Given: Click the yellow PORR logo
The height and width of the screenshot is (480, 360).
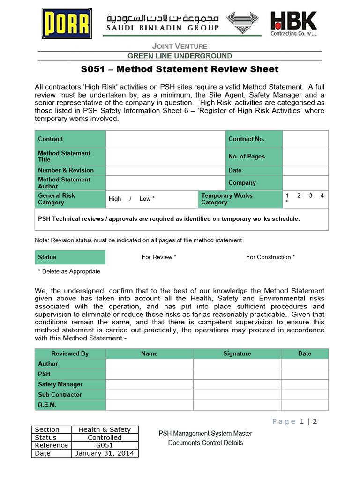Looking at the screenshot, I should point(61,23).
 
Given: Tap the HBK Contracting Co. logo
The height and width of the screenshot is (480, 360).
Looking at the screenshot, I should point(293,23).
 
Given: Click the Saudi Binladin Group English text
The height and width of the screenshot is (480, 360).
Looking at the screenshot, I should point(163,28).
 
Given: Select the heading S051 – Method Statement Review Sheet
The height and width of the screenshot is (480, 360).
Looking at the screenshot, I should point(180,69).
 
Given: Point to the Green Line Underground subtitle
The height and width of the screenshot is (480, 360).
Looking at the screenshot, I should point(180,56).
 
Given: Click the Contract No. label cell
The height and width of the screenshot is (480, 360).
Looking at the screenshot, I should point(254,139).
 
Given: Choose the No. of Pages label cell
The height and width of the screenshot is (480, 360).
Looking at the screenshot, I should point(254,157).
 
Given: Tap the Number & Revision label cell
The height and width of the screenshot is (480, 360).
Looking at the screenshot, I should point(70,170).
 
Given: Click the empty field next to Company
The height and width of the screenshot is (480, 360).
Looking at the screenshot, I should point(306,183).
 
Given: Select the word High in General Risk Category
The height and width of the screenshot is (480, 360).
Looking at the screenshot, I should point(115,199).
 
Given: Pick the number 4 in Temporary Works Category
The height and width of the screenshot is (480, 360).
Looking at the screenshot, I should point(322,195).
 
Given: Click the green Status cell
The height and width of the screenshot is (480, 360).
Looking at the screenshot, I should point(70,257).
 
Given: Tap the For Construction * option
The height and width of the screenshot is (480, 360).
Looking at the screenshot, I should point(270,257).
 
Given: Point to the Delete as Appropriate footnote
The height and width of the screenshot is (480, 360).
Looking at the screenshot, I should point(69,271).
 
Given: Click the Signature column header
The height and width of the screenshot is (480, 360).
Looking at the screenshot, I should point(237,354).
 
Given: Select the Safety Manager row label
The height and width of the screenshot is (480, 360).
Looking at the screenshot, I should point(70,384).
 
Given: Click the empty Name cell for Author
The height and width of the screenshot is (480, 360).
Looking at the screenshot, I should point(149,364).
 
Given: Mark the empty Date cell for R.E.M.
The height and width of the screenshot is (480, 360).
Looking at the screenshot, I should point(305,405).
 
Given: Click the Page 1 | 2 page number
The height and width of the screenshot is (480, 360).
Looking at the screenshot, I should point(295,421).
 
